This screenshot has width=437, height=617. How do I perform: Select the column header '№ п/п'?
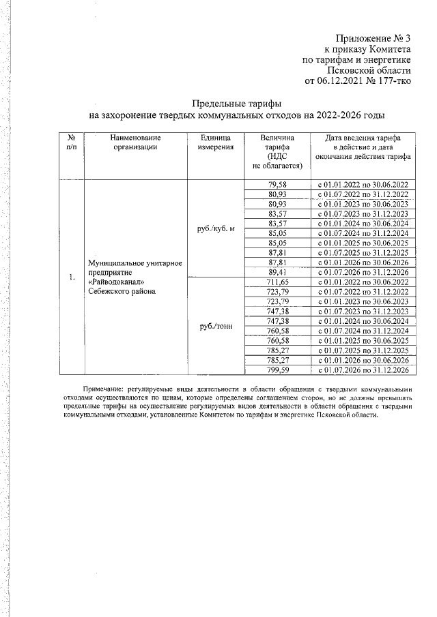70,141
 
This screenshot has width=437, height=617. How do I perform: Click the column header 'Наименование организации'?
134,141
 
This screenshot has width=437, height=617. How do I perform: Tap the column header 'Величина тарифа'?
278,141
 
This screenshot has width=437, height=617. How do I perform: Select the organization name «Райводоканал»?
117,282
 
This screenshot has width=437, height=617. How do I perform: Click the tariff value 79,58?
278,185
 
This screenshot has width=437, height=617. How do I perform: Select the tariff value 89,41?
278,272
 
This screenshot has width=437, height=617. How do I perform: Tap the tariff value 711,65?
278,282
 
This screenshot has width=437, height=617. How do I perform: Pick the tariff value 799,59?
278,370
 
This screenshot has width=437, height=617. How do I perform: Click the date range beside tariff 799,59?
363,370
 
